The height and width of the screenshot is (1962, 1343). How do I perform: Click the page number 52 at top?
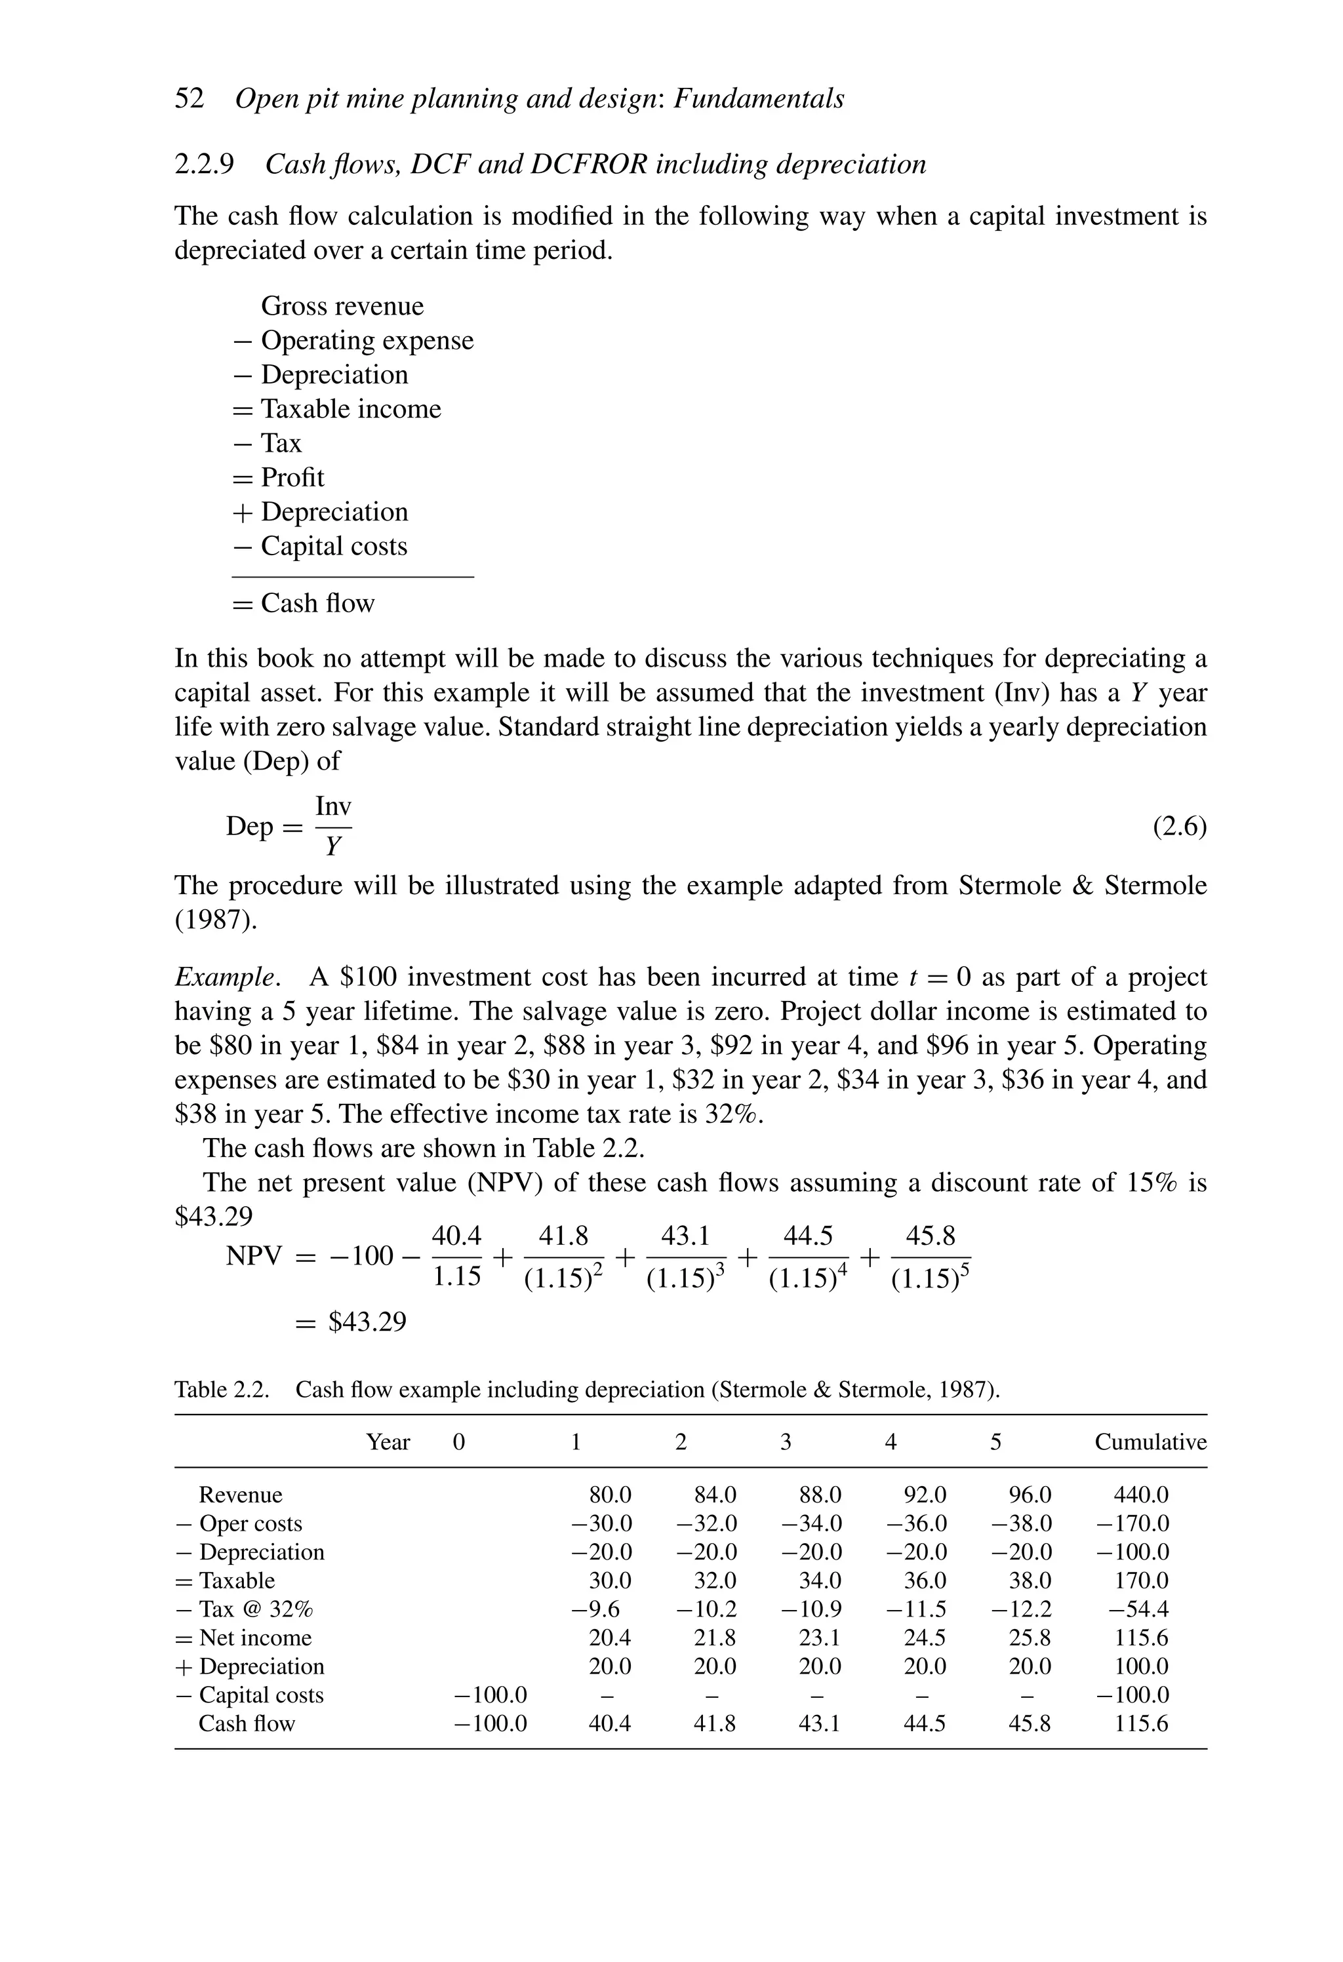point(190,99)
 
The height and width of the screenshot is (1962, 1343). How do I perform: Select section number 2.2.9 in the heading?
point(205,164)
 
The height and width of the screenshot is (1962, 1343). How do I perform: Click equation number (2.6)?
point(1179,827)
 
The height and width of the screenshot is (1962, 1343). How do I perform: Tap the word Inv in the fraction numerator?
point(332,806)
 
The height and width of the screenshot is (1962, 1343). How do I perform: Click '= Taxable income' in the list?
point(336,410)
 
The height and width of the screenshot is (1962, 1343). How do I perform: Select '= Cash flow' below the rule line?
point(303,604)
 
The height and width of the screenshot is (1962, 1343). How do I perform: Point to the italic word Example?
point(225,977)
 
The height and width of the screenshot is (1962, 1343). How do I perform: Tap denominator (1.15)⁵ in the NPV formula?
point(930,1280)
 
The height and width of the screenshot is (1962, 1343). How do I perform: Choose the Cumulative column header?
point(1150,1442)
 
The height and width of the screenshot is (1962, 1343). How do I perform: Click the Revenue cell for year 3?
point(819,1495)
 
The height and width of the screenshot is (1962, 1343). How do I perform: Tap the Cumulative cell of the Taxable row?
point(1140,1580)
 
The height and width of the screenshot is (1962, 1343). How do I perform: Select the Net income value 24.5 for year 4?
point(924,1638)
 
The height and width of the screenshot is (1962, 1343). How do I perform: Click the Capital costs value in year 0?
point(490,1695)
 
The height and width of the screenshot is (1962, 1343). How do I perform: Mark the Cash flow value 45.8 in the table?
point(1029,1724)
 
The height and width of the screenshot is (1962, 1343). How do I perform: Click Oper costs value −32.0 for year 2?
point(706,1524)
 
